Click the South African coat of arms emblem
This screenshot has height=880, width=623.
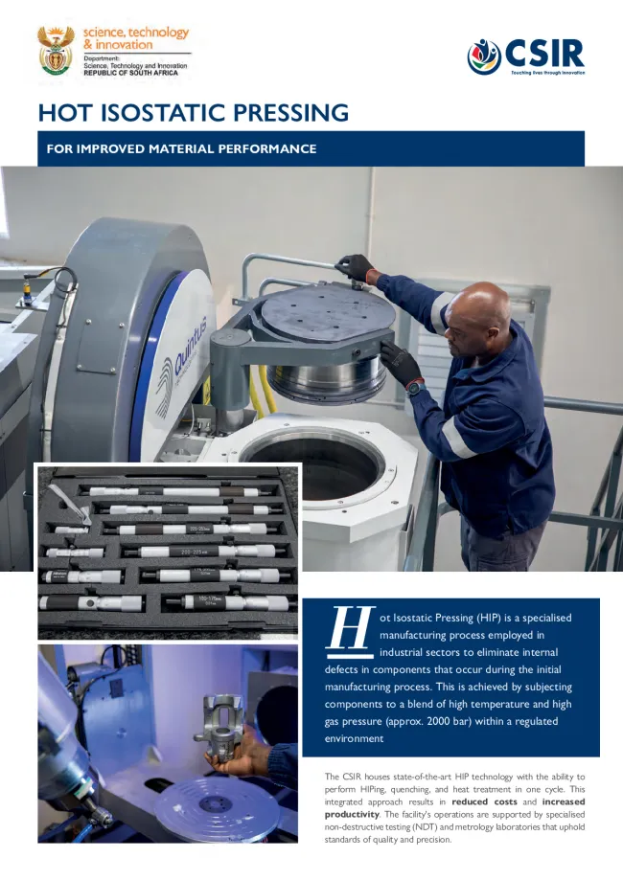tap(56, 51)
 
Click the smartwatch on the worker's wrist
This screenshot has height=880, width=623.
tap(413, 387)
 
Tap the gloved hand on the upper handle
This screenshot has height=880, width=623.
tap(357, 267)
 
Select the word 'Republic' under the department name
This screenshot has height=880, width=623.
tap(104, 73)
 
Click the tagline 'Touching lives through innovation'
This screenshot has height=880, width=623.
tap(547, 72)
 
